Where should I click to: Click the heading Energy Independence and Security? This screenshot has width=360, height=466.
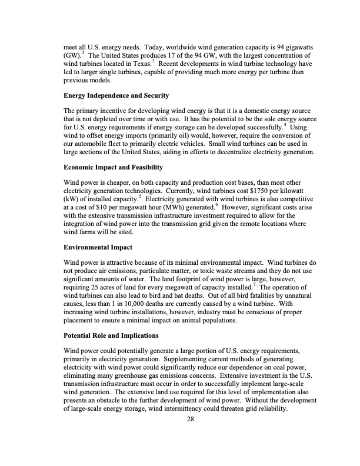pos(116,95)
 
